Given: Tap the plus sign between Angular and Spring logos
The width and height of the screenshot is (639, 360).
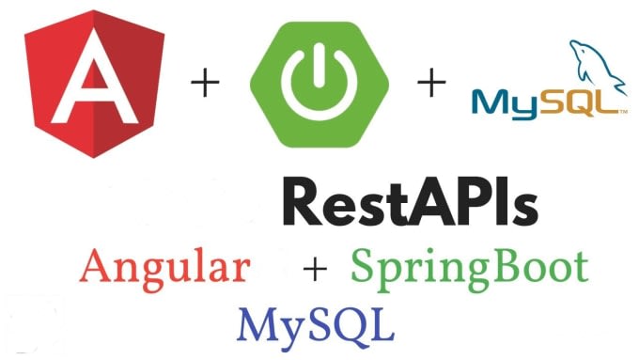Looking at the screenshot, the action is click(x=206, y=85).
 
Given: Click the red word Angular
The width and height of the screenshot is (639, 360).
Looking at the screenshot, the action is click(x=165, y=268).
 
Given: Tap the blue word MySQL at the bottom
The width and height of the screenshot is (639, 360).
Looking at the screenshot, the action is click(x=315, y=323).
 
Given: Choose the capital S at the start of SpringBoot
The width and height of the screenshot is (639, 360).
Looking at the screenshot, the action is click(x=366, y=267).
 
